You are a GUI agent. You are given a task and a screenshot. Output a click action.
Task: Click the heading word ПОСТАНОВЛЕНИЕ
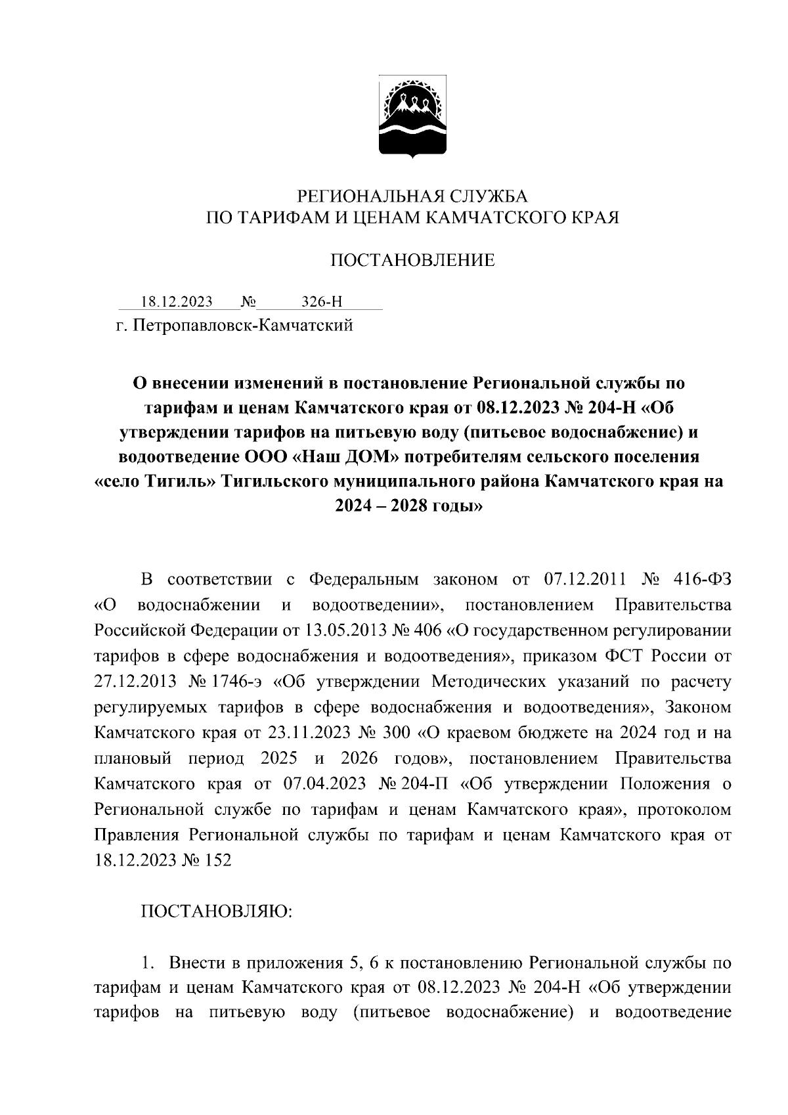click(x=412, y=261)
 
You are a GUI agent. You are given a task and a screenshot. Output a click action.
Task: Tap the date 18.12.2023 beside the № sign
click(x=177, y=302)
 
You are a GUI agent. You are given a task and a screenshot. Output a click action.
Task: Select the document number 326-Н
click(x=322, y=302)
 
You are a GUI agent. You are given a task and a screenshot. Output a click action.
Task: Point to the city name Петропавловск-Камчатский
click(x=243, y=325)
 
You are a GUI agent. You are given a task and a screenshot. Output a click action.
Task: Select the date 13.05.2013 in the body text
click(x=345, y=632)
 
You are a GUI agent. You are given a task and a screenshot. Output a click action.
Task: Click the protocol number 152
click(x=217, y=860)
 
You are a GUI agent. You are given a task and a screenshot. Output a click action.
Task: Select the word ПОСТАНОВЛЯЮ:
click(x=217, y=911)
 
